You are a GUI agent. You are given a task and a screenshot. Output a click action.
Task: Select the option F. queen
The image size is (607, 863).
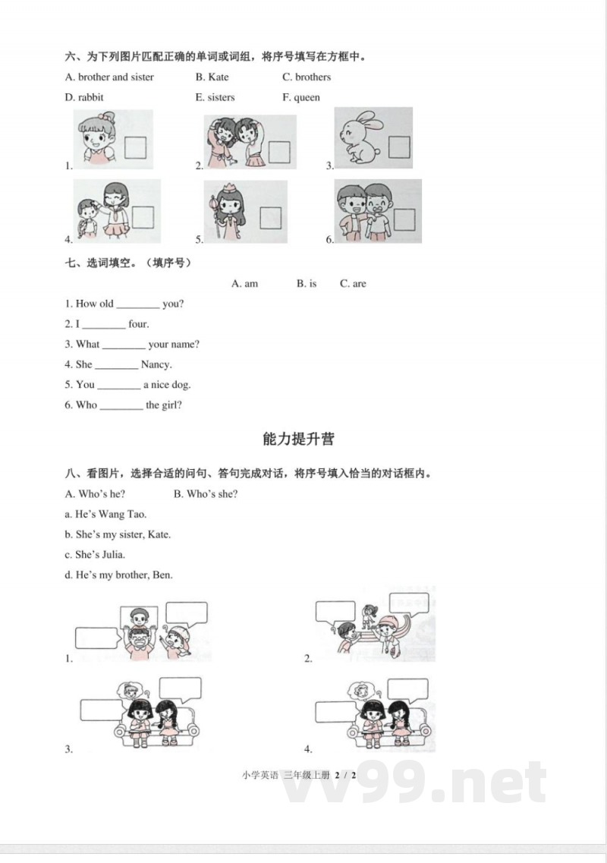click(x=301, y=97)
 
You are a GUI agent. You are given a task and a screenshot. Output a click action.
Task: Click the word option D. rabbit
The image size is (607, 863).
click(x=85, y=97)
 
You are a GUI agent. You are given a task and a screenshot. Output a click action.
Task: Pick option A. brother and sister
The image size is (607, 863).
click(x=110, y=77)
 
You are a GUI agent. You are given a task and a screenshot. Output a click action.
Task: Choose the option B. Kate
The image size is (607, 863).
click(x=212, y=77)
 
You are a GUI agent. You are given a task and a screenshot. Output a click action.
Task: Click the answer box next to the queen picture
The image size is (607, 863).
click(x=271, y=216)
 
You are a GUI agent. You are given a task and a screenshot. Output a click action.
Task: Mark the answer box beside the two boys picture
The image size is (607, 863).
click(x=404, y=219)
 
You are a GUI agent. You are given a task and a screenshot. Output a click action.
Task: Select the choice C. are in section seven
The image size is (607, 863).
click(x=353, y=284)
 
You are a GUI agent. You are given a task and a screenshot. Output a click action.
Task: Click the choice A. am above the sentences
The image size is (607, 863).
click(x=245, y=284)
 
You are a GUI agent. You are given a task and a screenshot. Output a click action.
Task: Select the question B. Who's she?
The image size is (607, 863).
click(x=206, y=494)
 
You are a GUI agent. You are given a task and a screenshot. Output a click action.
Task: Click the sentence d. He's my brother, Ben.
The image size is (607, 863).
click(x=119, y=575)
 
